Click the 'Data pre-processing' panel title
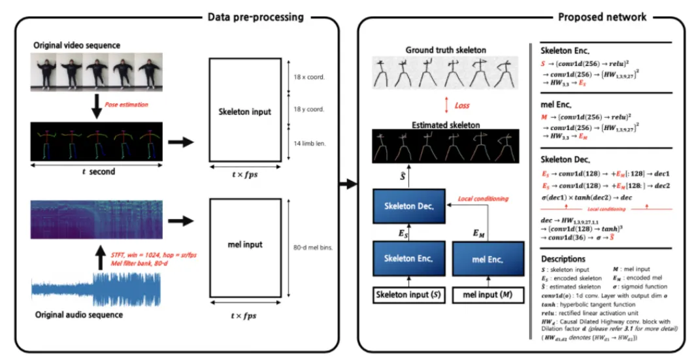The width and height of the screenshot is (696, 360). (x=256, y=16)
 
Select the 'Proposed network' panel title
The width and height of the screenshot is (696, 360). (x=603, y=16)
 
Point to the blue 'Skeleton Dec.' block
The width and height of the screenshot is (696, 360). (x=410, y=205)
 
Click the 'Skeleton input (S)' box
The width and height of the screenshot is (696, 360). (x=410, y=295)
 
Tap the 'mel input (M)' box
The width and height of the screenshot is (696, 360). (x=488, y=295)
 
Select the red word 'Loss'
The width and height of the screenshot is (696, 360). (x=462, y=105)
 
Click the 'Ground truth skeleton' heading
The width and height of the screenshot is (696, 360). (x=446, y=50)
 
